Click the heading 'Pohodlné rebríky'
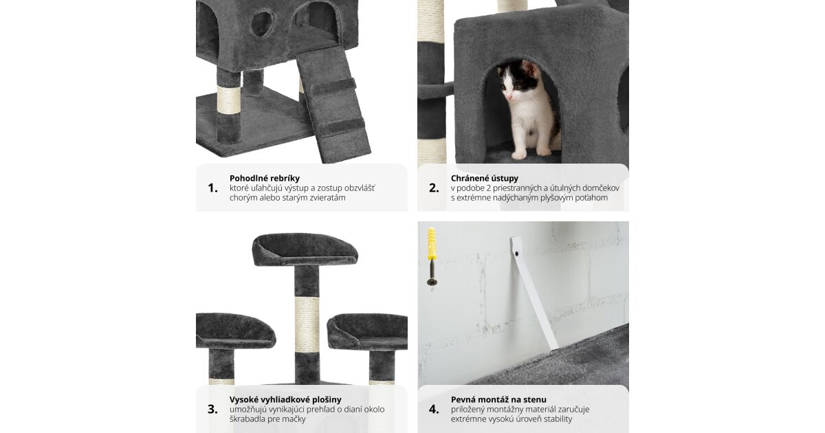point(265,179)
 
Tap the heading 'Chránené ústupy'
point(484,179)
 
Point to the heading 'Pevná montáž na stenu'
point(498,399)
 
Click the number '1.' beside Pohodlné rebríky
point(213,188)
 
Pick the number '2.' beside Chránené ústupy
point(434,188)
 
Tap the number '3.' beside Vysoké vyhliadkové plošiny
point(212,409)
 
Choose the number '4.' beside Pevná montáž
point(434,409)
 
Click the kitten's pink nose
point(509,97)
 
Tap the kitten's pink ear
point(529,69)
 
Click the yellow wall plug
point(432,244)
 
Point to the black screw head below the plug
point(432,282)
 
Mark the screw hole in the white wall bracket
point(517,254)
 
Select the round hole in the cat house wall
point(262,24)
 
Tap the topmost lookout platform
point(305,249)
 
